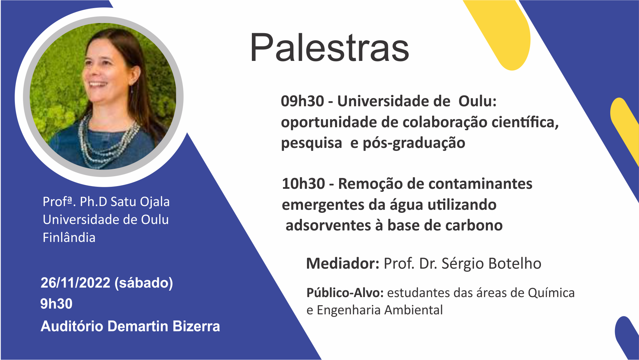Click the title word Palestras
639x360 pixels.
click(330, 48)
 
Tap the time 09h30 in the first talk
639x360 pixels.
click(302, 101)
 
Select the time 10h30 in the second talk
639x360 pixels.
click(303, 184)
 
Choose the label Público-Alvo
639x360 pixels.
click(345, 293)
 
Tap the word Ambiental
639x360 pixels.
click(413, 310)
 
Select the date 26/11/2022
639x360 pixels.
click(75, 283)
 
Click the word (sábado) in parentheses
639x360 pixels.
click(144, 283)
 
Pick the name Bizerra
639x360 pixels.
click(196, 327)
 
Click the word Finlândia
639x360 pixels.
click(69, 238)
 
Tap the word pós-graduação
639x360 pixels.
click(414, 143)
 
